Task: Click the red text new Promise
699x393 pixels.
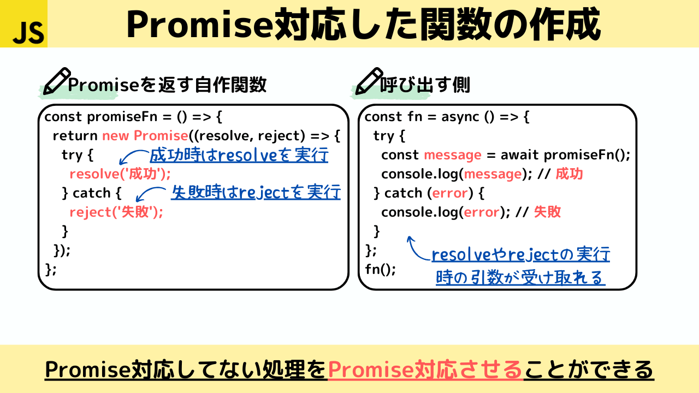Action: [145, 136]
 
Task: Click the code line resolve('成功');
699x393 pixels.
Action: [120, 174]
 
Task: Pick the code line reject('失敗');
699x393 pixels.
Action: [116, 212]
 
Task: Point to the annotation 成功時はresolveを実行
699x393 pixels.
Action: [239, 156]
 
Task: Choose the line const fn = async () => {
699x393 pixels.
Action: [447, 117]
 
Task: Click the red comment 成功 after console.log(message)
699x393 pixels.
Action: [570, 174]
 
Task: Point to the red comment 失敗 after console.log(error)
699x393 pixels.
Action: [547, 212]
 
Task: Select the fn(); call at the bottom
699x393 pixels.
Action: [380, 270]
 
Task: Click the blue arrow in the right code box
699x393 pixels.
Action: [417, 248]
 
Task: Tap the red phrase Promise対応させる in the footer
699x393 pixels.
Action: [425, 370]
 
